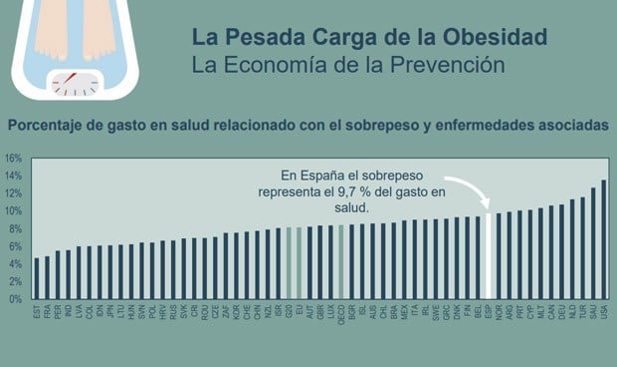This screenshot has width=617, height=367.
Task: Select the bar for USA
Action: (604, 239)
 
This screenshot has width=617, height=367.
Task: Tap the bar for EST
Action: (37, 278)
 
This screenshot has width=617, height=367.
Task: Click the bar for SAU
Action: (593, 243)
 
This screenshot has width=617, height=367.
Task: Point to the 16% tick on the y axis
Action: (13, 159)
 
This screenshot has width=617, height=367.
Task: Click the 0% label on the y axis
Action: (15, 299)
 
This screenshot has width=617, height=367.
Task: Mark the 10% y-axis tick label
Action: (13, 211)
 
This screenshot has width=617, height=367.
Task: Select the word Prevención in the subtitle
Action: (448, 65)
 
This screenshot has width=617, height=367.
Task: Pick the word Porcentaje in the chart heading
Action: (50, 127)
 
